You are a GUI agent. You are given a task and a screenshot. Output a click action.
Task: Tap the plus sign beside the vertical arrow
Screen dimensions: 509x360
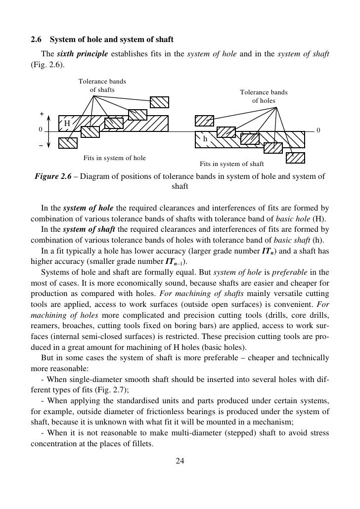click(x=42, y=114)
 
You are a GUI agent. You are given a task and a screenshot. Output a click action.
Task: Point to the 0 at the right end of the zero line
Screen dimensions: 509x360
click(x=318, y=130)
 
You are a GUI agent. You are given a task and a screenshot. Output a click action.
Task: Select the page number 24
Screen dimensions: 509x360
click(x=180, y=461)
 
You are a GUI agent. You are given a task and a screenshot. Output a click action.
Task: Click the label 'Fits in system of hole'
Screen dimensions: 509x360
click(x=114, y=158)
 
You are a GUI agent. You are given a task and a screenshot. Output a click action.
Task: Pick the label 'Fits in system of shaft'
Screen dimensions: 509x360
click(x=231, y=164)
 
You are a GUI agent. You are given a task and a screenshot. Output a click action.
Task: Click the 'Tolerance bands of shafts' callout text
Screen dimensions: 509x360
click(x=102, y=85)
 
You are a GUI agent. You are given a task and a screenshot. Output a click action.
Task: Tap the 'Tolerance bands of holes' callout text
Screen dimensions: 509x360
click(x=263, y=96)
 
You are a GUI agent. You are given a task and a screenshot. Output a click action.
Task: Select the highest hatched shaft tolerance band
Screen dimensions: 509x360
click(x=160, y=102)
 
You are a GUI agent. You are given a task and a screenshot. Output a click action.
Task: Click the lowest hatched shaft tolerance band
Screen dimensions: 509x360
click(x=68, y=143)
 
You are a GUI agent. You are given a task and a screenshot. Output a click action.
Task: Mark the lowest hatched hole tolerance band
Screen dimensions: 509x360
click(x=295, y=158)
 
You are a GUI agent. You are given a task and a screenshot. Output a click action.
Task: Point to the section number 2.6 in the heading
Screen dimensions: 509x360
click(x=38, y=39)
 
